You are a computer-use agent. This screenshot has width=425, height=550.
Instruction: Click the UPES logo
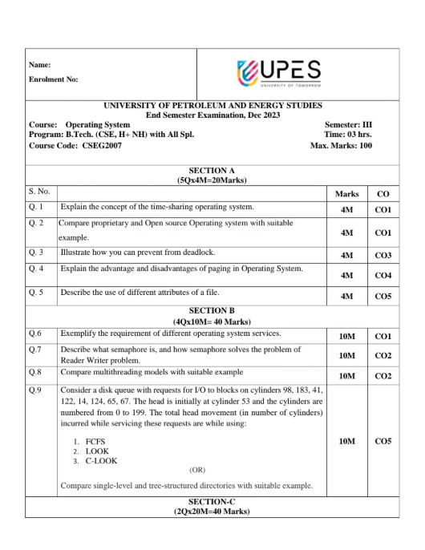point(279,73)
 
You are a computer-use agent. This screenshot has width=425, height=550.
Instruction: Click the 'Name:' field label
point(39,64)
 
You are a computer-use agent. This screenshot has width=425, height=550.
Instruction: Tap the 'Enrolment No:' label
point(53,79)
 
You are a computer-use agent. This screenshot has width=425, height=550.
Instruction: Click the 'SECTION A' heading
point(212,171)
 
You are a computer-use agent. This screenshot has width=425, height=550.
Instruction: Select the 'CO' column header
point(382,194)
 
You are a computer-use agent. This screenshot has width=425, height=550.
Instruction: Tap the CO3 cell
point(382,256)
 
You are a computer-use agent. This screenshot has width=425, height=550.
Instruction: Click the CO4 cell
point(382,276)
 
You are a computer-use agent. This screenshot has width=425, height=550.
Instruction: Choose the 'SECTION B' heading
point(212,310)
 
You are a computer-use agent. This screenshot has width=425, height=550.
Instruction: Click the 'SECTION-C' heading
point(212,501)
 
